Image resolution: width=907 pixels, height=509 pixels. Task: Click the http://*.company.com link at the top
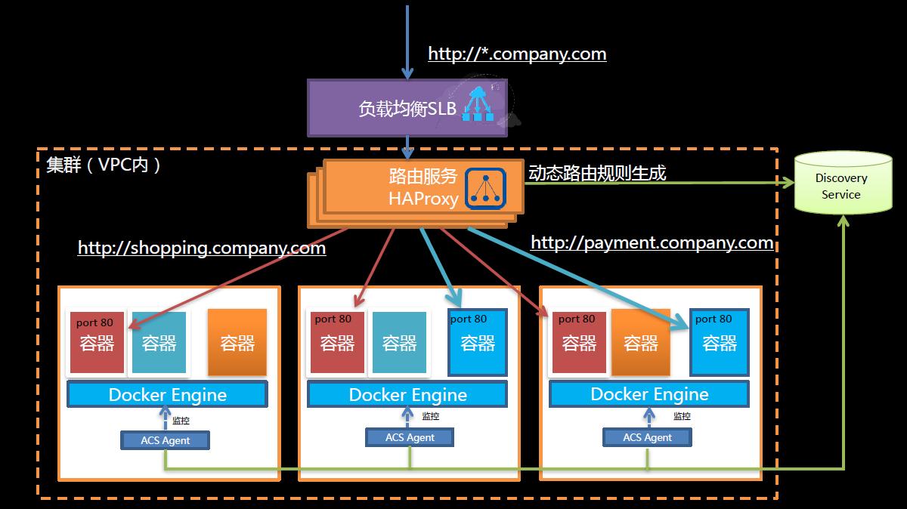coord(517,54)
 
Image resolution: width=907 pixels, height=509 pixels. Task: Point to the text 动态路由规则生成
coord(597,173)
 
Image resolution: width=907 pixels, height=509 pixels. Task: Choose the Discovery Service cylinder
coord(842,184)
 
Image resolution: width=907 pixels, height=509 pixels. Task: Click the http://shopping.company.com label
coord(202,248)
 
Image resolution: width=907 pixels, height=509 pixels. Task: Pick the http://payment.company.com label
coord(652,242)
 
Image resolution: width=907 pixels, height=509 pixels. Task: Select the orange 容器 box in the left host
coord(237,342)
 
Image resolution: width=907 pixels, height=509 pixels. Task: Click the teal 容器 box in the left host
coord(159,342)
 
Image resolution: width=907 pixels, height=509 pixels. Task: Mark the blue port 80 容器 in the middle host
coord(478,342)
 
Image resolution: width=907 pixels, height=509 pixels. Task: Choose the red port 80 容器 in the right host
coord(579,342)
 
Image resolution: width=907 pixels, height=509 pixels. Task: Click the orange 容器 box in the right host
coord(641,342)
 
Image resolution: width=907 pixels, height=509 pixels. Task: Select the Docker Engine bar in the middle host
coord(407,394)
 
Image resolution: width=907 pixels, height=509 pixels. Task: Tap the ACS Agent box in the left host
coord(165,440)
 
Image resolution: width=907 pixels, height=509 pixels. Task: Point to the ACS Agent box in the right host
coord(648,437)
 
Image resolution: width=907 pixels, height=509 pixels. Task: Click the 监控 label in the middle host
coord(430,416)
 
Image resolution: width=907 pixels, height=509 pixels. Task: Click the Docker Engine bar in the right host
coord(649,394)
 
